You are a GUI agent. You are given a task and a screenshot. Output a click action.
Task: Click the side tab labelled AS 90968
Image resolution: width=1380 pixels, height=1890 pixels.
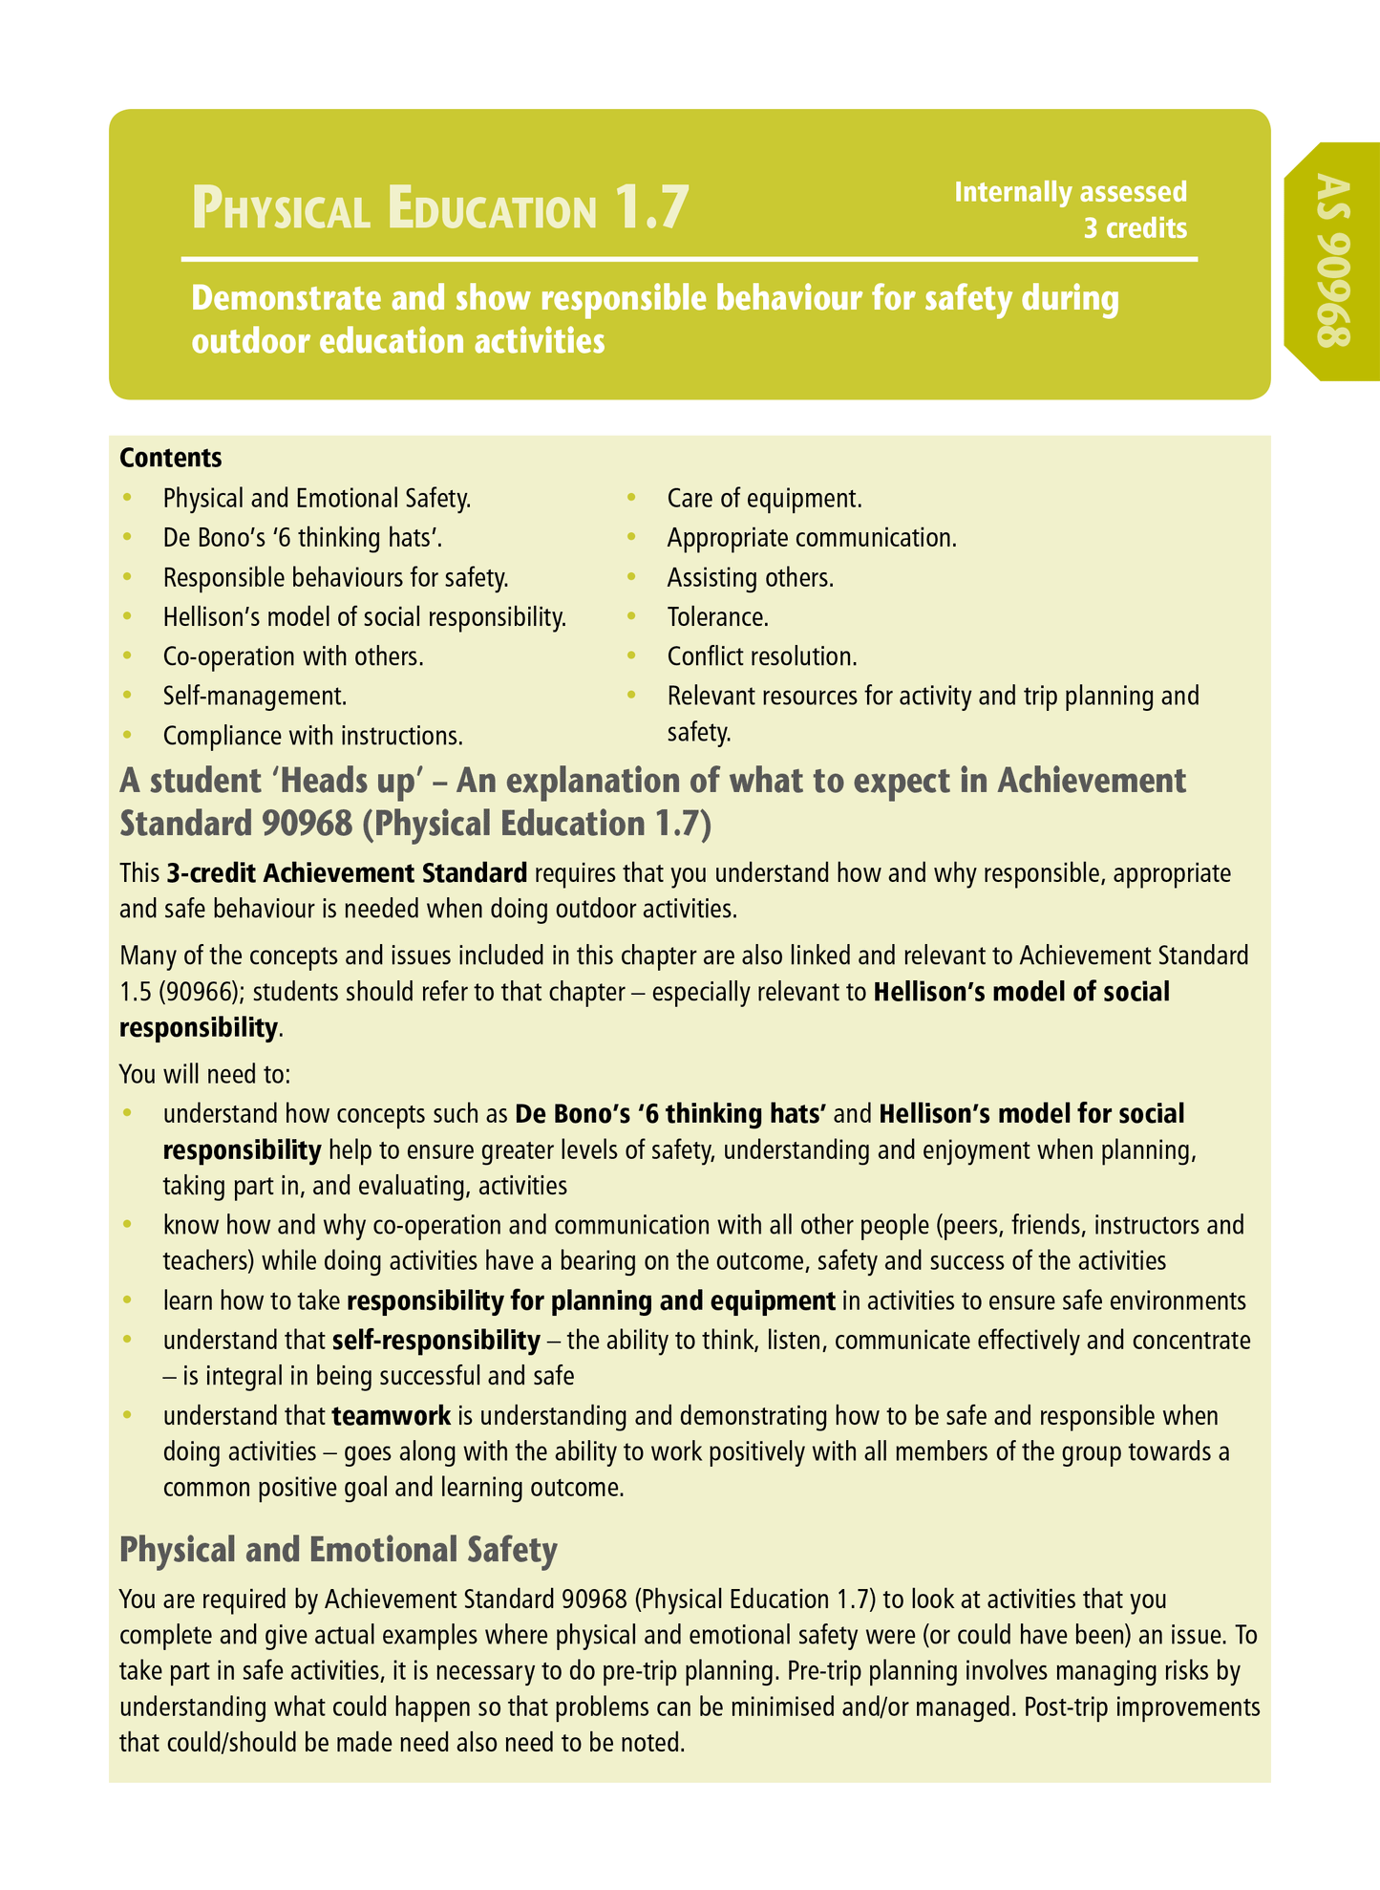click(x=1333, y=261)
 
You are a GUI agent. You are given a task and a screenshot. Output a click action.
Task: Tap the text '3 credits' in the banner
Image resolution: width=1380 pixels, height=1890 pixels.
click(x=1135, y=228)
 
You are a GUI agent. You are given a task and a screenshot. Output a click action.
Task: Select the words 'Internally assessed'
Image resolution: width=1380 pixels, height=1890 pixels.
click(x=1071, y=192)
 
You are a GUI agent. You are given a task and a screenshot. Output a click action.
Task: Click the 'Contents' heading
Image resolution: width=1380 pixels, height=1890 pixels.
click(x=171, y=458)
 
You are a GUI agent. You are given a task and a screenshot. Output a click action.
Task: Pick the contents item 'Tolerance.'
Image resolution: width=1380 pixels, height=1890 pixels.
click(x=717, y=617)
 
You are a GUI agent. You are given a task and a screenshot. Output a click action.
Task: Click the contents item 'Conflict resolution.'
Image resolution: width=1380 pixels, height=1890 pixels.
click(x=761, y=656)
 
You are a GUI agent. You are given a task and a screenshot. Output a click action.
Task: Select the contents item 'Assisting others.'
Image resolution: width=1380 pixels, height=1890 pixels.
click(x=750, y=577)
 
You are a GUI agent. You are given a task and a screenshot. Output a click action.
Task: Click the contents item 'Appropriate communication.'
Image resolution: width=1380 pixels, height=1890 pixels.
click(x=811, y=538)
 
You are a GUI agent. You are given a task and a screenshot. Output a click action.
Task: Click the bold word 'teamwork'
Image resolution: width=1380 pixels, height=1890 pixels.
click(x=392, y=1415)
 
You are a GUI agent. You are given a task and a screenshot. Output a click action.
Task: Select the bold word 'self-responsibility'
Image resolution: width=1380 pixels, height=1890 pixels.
click(x=435, y=1340)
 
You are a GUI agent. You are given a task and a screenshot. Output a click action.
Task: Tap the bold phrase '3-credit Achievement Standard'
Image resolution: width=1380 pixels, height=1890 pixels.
click(x=346, y=872)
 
